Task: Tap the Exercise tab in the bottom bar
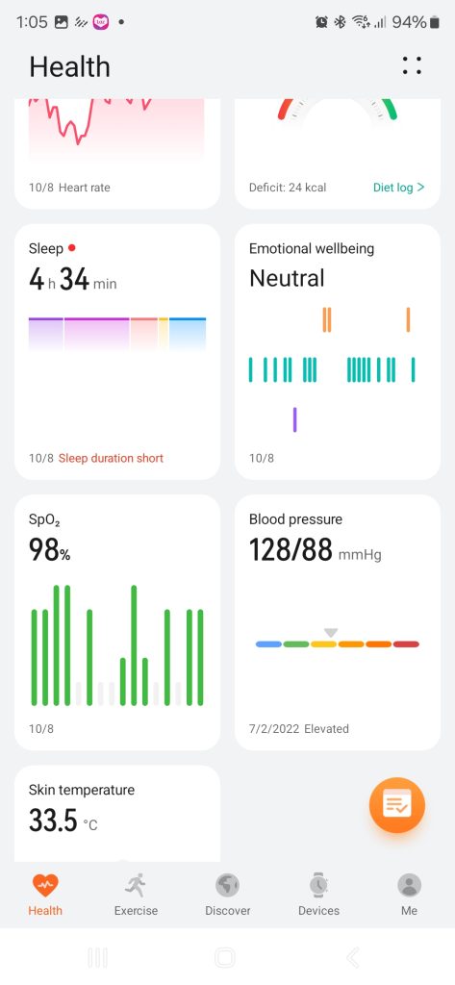[136, 895]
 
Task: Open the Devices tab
[318, 895]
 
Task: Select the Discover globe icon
[227, 886]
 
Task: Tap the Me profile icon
[409, 886]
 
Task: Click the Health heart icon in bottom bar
[45, 886]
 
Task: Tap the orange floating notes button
[396, 805]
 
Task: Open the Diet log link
[398, 188]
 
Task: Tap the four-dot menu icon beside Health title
[412, 65]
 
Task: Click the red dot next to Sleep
[71, 248]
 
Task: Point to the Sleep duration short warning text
[111, 458]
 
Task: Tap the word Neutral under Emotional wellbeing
[288, 278]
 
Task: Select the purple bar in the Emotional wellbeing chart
[294, 419]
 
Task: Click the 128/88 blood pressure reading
[291, 549]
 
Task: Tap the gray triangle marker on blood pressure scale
[331, 633]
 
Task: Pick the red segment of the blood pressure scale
[406, 644]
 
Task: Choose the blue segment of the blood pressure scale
[268, 644]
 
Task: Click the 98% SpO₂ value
[50, 549]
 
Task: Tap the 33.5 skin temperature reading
[53, 821]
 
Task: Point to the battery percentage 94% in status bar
[409, 23]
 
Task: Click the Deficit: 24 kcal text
[288, 188]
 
